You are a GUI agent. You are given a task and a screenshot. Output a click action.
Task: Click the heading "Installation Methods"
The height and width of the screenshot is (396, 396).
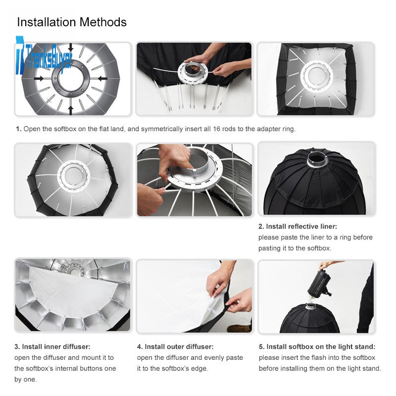(72, 22)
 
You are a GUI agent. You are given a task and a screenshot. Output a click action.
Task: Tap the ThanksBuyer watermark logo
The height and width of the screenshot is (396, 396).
(44, 55)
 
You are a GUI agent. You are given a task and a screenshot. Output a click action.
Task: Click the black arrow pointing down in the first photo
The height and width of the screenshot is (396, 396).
(71, 48)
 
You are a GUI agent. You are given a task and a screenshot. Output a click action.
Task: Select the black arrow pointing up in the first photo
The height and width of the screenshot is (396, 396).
(71, 110)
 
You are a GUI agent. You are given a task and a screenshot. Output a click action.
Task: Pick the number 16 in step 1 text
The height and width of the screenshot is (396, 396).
(216, 129)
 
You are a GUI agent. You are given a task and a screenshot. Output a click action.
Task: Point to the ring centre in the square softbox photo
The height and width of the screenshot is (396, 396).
(316, 75)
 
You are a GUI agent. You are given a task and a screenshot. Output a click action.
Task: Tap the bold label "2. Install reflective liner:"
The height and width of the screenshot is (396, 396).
(297, 227)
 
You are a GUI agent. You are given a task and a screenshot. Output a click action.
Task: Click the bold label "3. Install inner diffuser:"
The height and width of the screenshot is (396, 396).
(52, 347)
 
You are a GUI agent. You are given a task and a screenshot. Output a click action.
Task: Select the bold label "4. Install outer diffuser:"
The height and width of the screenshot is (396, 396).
(175, 347)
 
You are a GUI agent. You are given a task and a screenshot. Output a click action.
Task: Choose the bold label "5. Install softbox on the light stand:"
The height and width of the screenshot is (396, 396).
(317, 347)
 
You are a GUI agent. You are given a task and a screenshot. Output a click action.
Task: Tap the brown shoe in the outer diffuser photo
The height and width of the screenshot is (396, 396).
(239, 328)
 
